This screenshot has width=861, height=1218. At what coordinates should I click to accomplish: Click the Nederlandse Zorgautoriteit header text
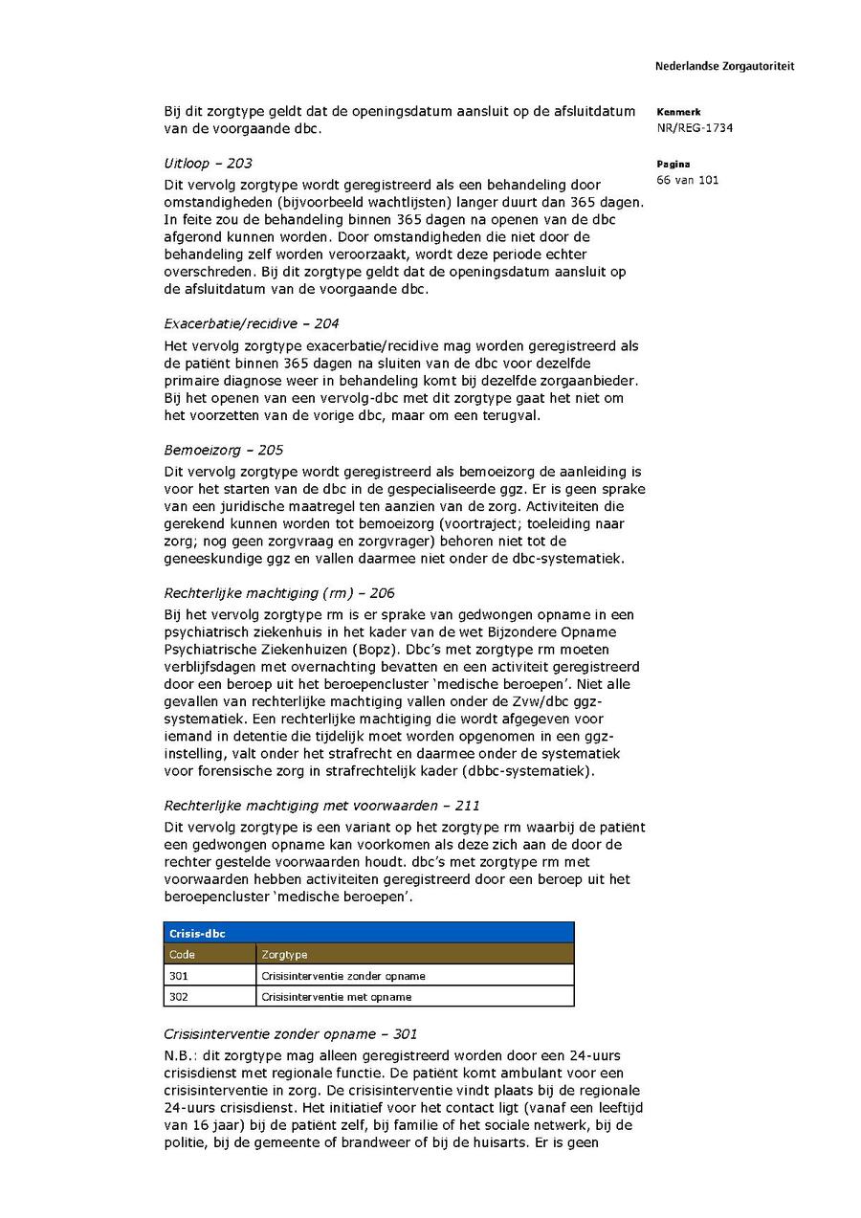coord(724,66)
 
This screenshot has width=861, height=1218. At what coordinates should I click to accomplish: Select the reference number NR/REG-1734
coord(695,128)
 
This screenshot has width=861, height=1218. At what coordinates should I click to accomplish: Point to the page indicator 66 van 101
coord(688,180)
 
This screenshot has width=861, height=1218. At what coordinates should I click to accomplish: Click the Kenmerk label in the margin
coord(678,112)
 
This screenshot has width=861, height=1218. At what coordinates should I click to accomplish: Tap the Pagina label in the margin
coord(673,164)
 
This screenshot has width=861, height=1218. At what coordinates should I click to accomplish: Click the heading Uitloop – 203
coord(208,164)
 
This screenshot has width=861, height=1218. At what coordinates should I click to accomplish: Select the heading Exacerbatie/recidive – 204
coord(251,323)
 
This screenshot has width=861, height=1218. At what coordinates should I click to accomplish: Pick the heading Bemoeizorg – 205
coord(223,450)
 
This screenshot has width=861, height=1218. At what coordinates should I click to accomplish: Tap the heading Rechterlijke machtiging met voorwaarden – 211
coord(315,806)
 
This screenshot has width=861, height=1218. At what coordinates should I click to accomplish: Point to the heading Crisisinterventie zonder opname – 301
coord(290,1034)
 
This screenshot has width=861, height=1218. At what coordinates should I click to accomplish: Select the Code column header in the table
coord(182,954)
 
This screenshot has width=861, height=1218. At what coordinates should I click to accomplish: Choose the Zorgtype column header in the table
coord(284,954)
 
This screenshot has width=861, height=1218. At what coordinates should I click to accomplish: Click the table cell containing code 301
coord(179,976)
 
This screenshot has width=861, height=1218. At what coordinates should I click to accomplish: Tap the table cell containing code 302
coord(179,997)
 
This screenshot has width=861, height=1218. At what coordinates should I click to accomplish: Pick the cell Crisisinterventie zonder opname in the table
coord(343,976)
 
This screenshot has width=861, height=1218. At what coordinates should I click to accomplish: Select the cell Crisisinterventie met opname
coord(337,997)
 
